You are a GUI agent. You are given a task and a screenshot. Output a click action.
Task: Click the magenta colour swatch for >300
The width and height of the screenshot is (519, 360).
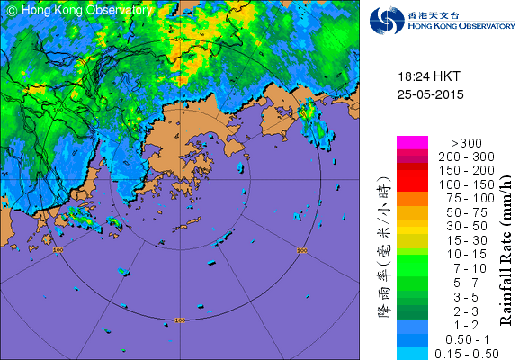click(x=411, y=142)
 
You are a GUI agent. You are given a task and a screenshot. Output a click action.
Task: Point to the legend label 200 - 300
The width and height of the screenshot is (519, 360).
click(x=459, y=156)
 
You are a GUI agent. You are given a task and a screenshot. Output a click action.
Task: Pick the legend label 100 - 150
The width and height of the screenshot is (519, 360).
click(x=459, y=184)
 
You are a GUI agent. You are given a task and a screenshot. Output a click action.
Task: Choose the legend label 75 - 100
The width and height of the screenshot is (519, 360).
click(x=459, y=197)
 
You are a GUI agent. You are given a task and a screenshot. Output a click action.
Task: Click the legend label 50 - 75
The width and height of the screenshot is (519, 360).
click(x=459, y=211)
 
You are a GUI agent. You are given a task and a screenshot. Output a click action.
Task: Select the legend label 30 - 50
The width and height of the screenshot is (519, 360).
click(x=459, y=225)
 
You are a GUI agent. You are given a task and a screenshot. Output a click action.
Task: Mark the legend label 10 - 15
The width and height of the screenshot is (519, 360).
click(x=459, y=253)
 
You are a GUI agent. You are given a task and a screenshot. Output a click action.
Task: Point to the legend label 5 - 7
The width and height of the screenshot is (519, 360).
click(x=459, y=281)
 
